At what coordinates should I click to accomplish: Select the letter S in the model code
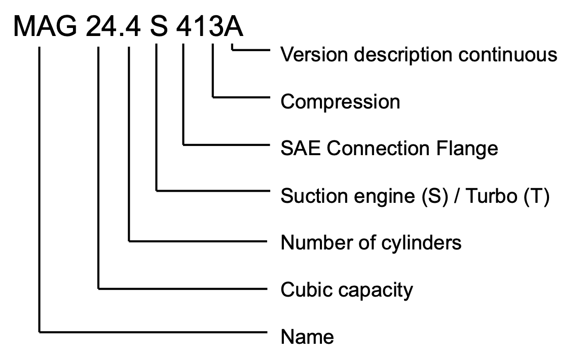pyautogui.click(x=159, y=25)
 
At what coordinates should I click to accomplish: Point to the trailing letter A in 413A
pyautogui.click(x=233, y=25)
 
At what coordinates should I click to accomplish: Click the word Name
pyautogui.click(x=307, y=337)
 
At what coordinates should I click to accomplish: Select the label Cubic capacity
pyautogui.click(x=347, y=290)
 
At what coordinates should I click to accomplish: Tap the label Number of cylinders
pyautogui.click(x=371, y=243)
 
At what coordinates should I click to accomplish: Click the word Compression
pyautogui.click(x=340, y=102)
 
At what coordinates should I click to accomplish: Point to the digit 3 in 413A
pyautogui.click(x=213, y=25)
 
